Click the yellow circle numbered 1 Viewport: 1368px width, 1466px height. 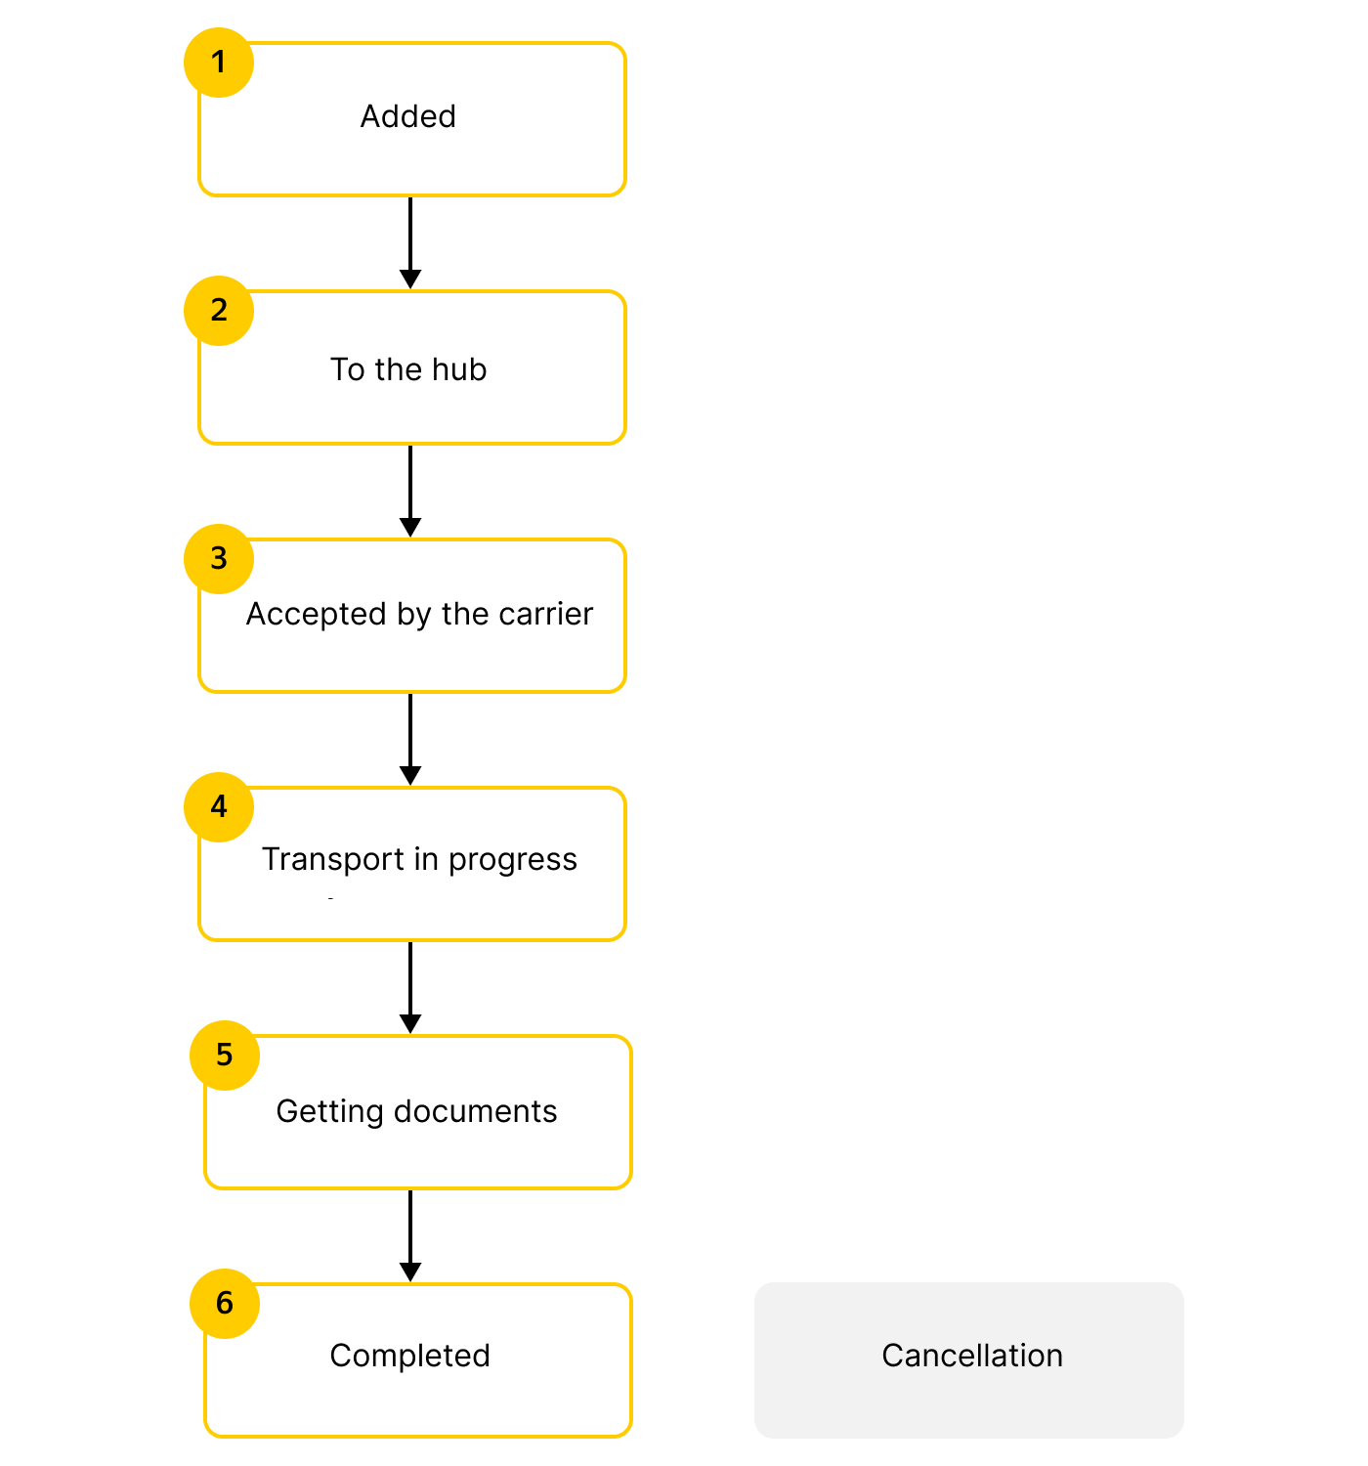(219, 63)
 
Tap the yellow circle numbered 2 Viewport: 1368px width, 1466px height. (219, 311)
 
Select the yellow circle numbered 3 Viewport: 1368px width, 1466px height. (219, 559)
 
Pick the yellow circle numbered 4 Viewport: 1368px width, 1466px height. (219, 807)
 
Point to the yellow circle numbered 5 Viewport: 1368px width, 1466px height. (225, 1056)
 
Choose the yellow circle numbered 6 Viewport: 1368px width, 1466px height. (225, 1304)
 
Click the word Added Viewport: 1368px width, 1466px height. (408, 116)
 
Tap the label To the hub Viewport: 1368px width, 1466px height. (408, 369)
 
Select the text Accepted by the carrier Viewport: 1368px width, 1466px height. (419, 614)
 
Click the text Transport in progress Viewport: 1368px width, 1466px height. (419, 859)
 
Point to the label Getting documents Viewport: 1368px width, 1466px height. (416, 1111)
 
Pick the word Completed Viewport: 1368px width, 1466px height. (409, 1356)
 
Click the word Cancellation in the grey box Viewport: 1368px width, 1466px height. (972, 1356)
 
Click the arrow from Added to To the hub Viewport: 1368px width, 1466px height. (410, 242)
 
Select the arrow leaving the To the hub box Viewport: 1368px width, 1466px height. (410, 491)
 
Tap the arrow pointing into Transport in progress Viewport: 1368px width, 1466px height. (410, 739)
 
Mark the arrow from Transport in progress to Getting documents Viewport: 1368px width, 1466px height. (410, 987)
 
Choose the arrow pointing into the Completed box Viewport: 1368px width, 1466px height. (410, 1235)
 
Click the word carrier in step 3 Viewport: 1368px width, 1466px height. (545, 614)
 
